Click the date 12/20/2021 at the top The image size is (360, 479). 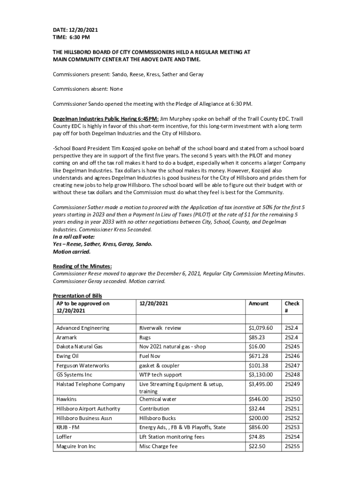[86, 30]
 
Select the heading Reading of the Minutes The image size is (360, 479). [82, 266]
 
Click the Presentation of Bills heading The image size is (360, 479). [77, 296]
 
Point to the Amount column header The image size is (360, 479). [259, 304]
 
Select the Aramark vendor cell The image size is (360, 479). [66, 337]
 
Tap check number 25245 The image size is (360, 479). [292, 347]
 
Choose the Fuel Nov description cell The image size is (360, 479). [152, 356]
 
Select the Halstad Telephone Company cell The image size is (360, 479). [90, 384]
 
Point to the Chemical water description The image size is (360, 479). [158, 399]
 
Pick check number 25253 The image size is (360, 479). [292, 427]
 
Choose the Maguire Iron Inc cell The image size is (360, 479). [76, 446]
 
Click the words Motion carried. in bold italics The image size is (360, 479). [72, 251]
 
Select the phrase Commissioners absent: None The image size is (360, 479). [88, 89]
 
